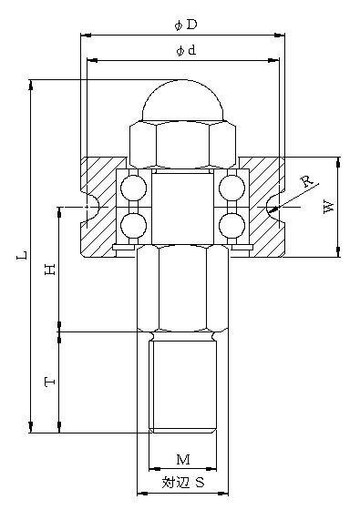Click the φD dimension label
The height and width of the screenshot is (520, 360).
tap(186, 25)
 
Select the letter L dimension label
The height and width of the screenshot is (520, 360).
tap(22, 255)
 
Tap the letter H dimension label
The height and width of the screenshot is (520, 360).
tap(50, 270)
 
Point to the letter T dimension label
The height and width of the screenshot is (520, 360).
tap(50, 382)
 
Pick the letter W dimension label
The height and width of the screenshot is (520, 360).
tap(328, 207)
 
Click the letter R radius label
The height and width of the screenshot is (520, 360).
tap(306, 181)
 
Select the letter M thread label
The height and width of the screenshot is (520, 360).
tap(183, 460)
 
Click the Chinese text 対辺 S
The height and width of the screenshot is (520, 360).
tap(183, 482)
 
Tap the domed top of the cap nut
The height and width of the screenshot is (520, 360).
tap(182, 100)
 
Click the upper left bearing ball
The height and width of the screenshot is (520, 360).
tap(133, 188)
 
